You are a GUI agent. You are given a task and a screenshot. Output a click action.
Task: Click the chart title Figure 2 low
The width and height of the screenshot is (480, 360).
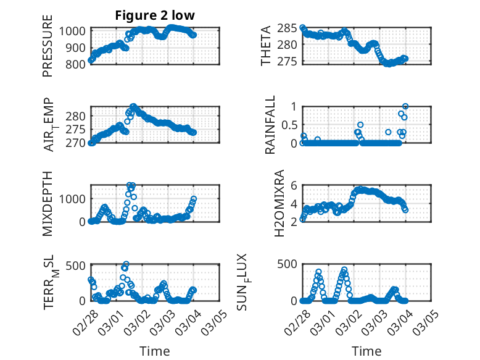pos(155,16)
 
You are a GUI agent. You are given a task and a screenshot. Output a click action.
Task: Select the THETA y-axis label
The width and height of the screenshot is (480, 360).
pos(266,46)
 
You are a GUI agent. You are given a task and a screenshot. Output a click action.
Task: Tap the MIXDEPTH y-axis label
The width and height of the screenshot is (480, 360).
pos(48,204)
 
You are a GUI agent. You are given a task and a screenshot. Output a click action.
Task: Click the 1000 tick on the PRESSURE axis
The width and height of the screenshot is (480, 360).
pos(74,31)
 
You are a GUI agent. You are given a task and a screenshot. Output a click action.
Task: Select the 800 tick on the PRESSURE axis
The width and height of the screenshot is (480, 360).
pos(78,63)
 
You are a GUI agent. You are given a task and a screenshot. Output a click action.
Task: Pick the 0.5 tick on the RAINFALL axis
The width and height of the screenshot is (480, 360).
pos(289,125)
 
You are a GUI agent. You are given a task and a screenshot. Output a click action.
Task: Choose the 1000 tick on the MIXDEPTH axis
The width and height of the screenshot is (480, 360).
pos(74,199)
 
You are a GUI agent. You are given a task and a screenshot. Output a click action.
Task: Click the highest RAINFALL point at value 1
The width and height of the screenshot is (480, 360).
pos(405,107)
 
